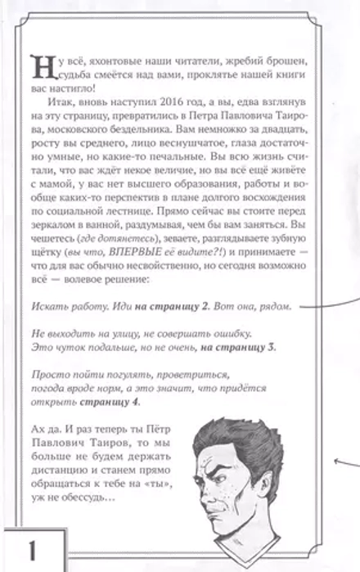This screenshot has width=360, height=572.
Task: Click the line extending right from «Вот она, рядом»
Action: coord(323,309)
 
